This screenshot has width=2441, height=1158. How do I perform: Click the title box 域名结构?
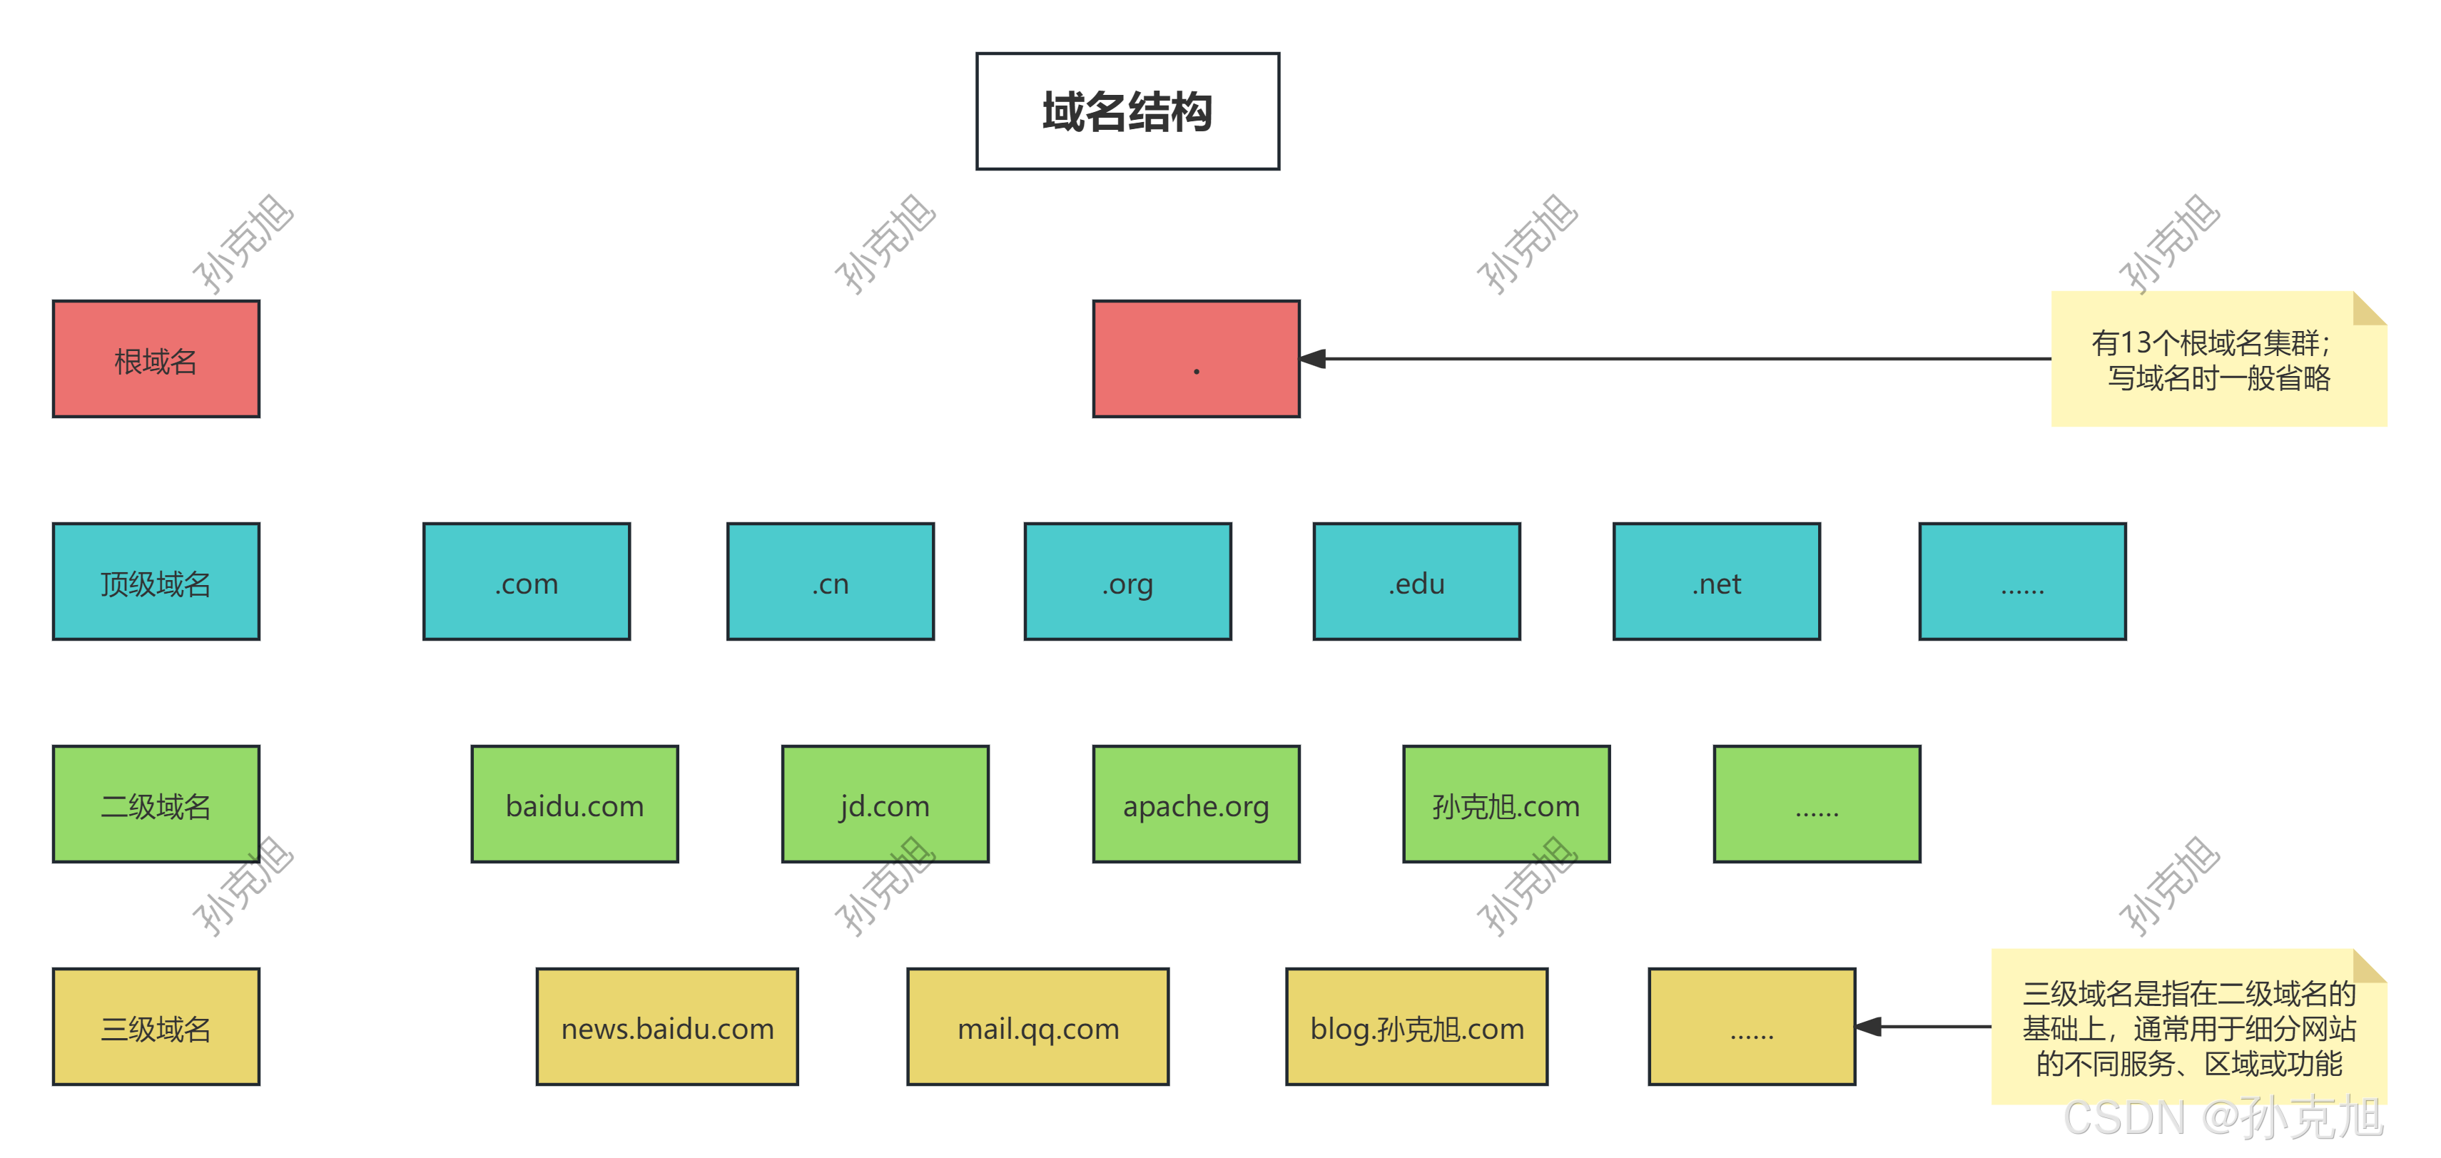click(x=1127, y=111)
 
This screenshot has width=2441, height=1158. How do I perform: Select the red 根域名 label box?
click(x=156, y=359)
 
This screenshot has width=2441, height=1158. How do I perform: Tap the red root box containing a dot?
click(x=1195, y=359)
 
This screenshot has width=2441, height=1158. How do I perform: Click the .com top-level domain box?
click(x=526, y=581)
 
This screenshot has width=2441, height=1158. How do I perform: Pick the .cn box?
click(x=830, y=581)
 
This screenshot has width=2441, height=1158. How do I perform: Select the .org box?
click(x=1127, y=581)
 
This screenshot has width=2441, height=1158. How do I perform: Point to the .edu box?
click(x=1416, y=581)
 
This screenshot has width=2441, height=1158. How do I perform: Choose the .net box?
click(x=1716, y=581)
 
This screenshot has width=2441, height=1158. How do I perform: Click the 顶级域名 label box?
click(x=156, y=581)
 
